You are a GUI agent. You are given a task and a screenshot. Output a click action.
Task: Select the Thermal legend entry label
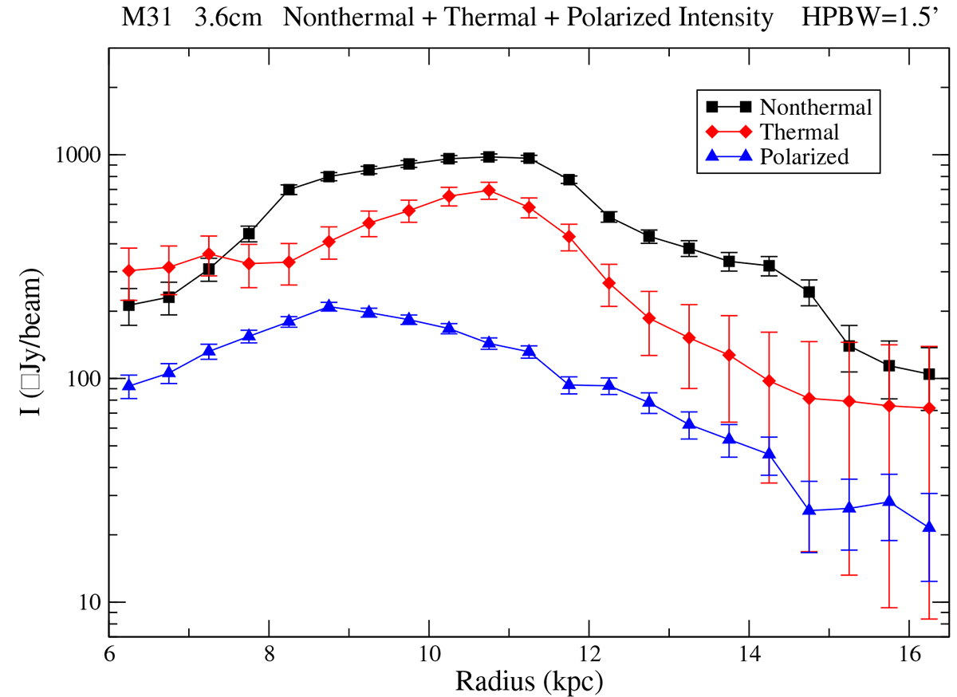click(x=800, y=132)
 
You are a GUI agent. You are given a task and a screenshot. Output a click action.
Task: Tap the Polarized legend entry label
click(x=804, y=157)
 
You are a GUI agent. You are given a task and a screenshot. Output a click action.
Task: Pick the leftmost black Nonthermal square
click(x=129, y=305)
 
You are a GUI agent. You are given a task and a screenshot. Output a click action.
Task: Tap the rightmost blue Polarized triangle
click(x=928, y=527)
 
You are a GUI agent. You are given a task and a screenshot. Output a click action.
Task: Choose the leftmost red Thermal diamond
click(x=129, y=271)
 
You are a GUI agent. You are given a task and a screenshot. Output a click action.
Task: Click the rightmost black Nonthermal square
click(x=928, y=374)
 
